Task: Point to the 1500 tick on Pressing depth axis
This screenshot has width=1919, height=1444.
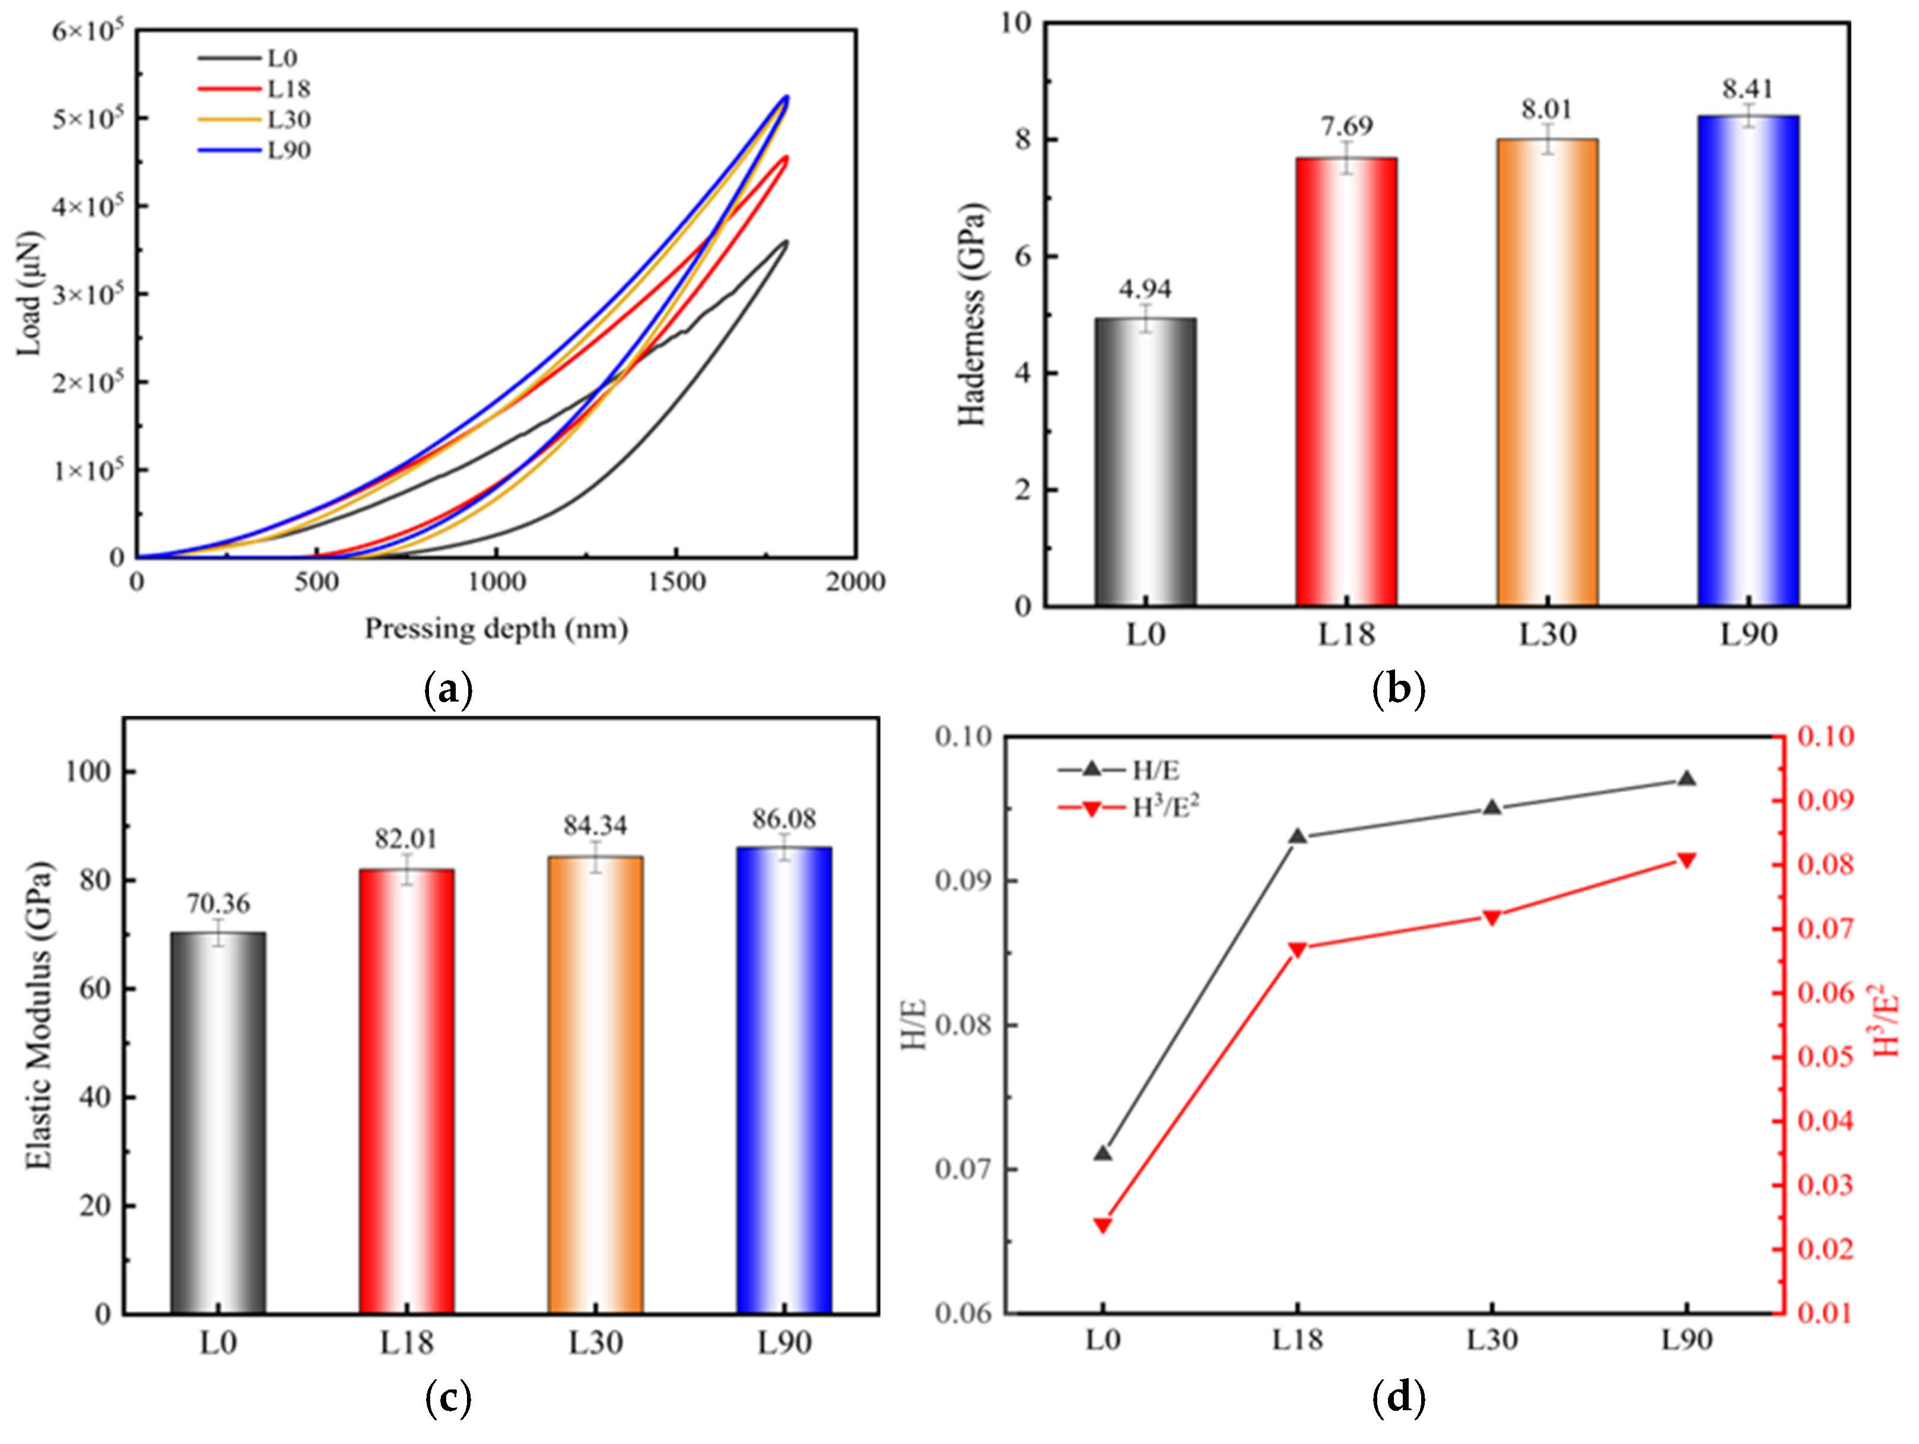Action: click(676, 582)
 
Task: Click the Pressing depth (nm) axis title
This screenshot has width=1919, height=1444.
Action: click(495, 629)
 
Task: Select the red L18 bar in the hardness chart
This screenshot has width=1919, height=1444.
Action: click(1346, 381)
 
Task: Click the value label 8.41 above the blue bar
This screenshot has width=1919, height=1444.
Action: click(1748, 90)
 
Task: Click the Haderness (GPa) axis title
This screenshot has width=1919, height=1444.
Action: click(973, 314)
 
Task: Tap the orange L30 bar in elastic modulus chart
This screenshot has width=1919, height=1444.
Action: click(595, 1084)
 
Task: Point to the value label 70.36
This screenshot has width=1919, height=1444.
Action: click(218, 904)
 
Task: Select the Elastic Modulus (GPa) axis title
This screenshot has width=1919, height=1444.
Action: click(39, 1015)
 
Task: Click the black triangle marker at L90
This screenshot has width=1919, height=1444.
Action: click(1686, 779)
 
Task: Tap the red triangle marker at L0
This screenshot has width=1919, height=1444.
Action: click(1103, 1225)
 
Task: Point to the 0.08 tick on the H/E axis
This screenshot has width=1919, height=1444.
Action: click(963, 1025)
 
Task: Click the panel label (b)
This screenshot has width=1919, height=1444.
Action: click(1399, 690)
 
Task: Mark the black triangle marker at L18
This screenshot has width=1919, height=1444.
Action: click(1298, 836)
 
